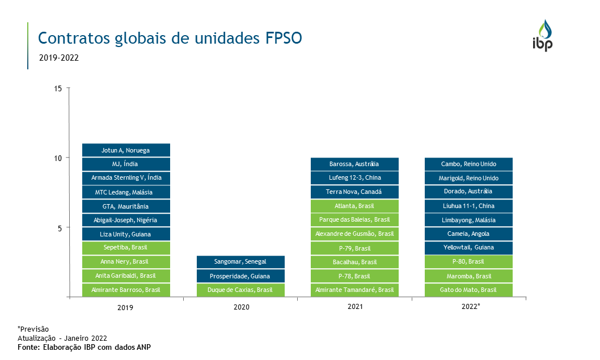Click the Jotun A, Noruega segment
(x=126, y=150)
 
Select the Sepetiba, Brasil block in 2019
(x=126, y=248)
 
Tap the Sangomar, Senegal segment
(x=240, y=262)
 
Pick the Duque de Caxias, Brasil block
(x=240, y=290)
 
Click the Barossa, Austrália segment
(x=354, y=164)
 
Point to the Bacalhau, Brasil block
(x=354, y=262)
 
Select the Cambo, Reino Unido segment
(x=468, y=164)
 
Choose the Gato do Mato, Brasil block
(x=468, y=290)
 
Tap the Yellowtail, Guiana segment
(x=468, y=248)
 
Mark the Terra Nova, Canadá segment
(x=354, y=192)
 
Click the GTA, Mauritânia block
(x=126, y=206)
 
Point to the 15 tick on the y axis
(x=59, y=88)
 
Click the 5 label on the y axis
(x=59, y=228)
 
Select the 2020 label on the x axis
(x=241, y=307)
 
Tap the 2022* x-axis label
(x=470, y=307)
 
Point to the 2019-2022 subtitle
(x=59, y=58)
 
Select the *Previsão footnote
(x=33, y=329)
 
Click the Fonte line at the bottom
(x=84, y=347)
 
